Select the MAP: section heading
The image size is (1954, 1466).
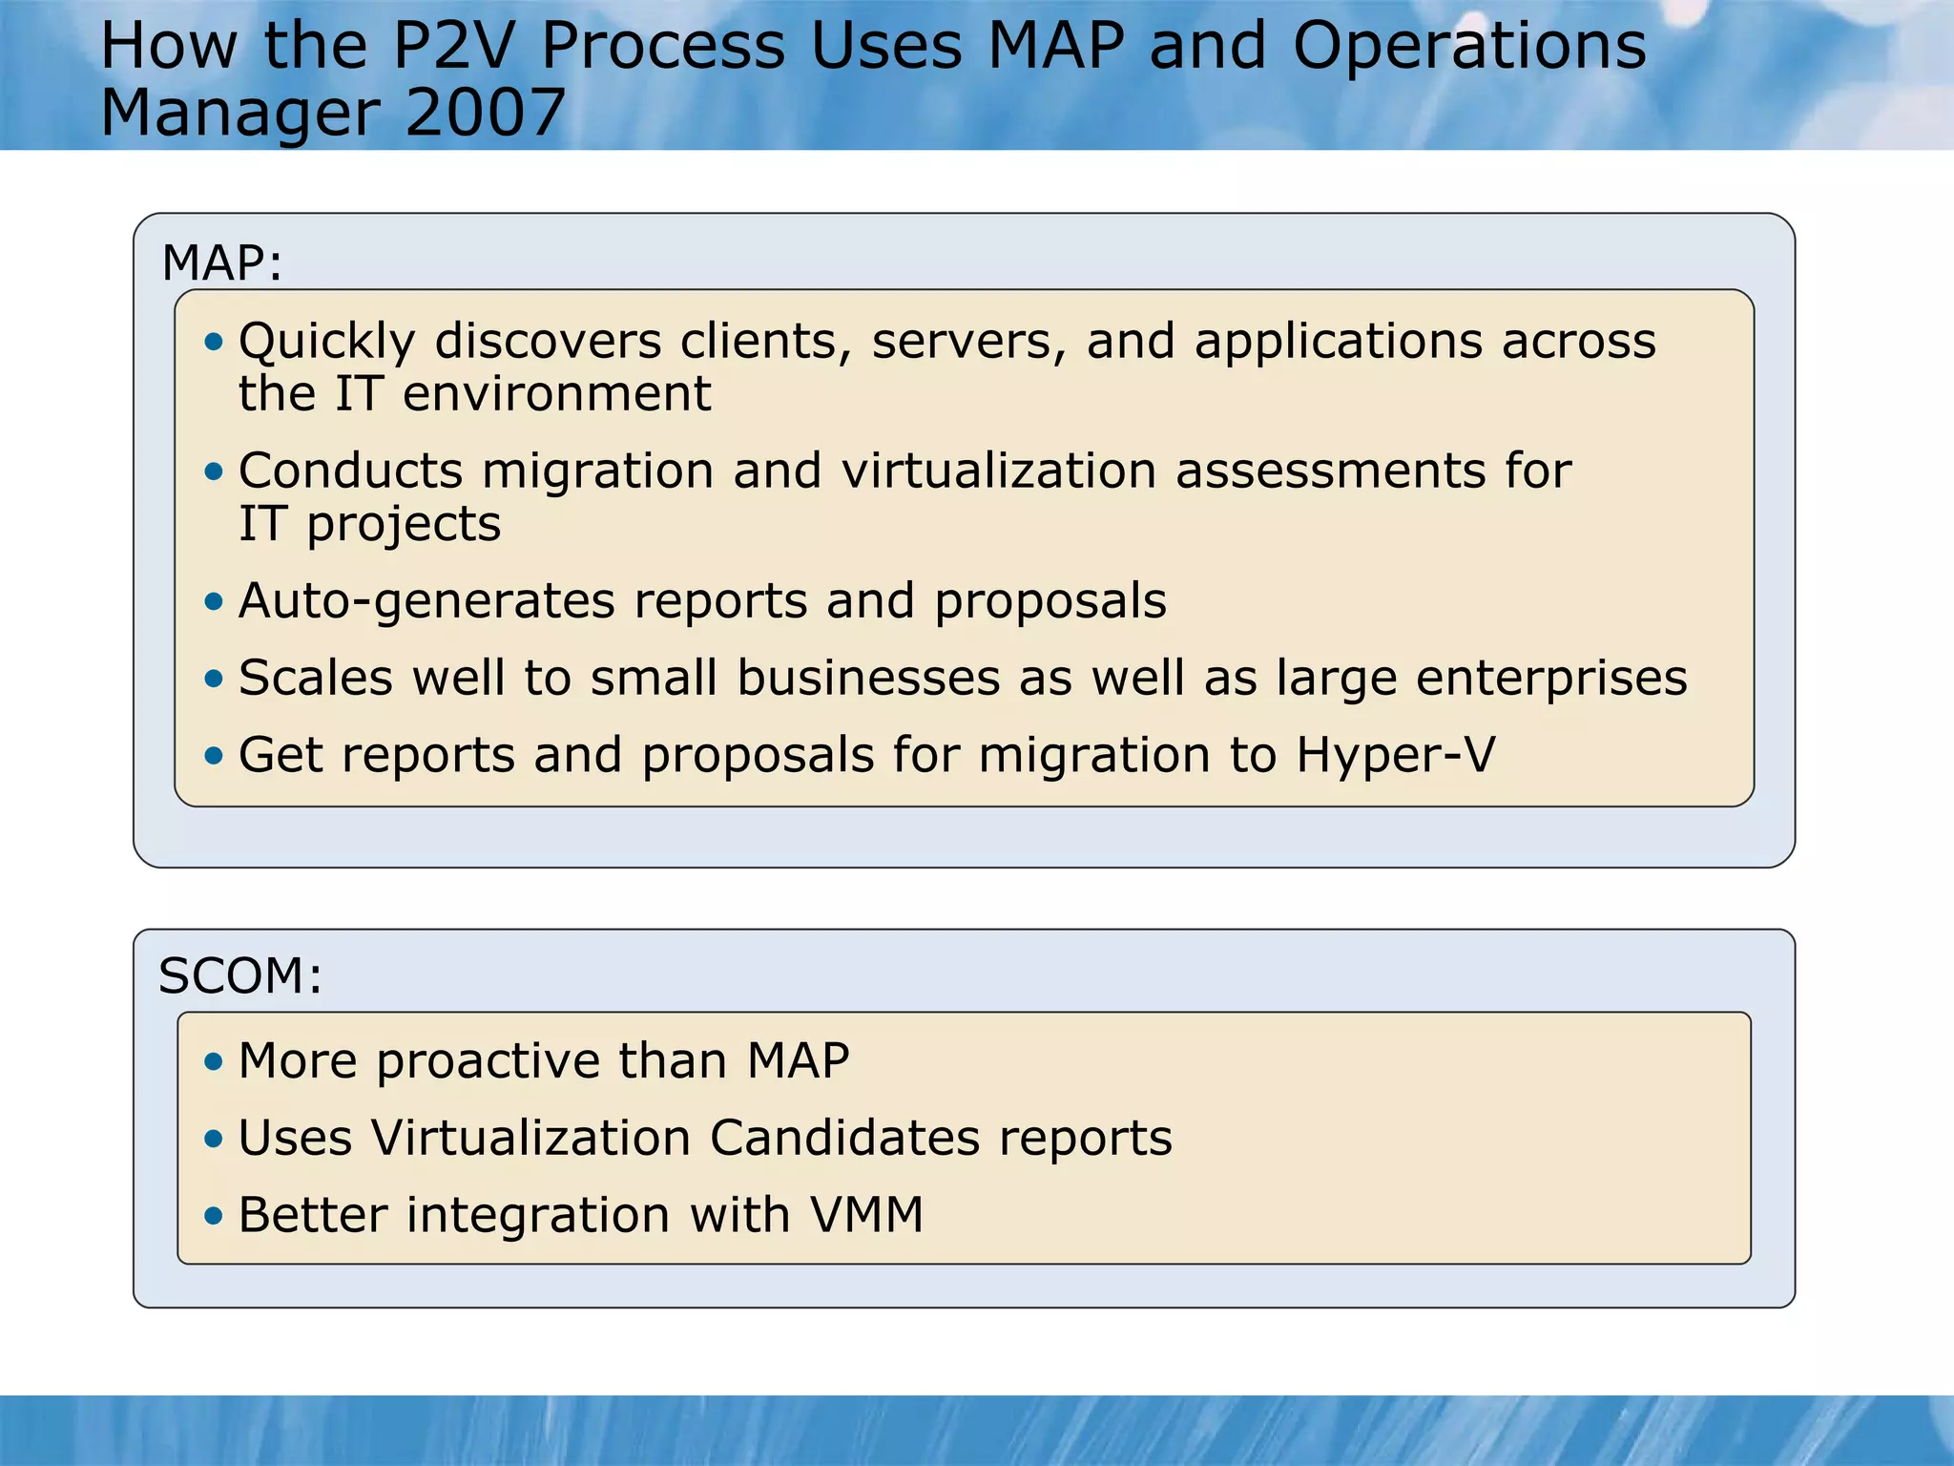[222, 262]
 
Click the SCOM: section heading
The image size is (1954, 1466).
[240, 975]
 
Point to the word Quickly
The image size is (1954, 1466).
[327, 343]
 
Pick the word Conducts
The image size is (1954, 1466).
[350, 471]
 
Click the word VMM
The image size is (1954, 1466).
[866, 1215]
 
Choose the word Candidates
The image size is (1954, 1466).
[844, 1138]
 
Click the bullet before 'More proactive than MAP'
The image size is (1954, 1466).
[214, 1061]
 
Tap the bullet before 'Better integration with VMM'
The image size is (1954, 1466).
[214, 1216]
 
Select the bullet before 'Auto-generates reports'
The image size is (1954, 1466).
[214, 601]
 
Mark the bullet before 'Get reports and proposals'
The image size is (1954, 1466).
[214, 756]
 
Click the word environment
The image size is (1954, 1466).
[556, 394]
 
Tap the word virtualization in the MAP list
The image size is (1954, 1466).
[998, 471]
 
